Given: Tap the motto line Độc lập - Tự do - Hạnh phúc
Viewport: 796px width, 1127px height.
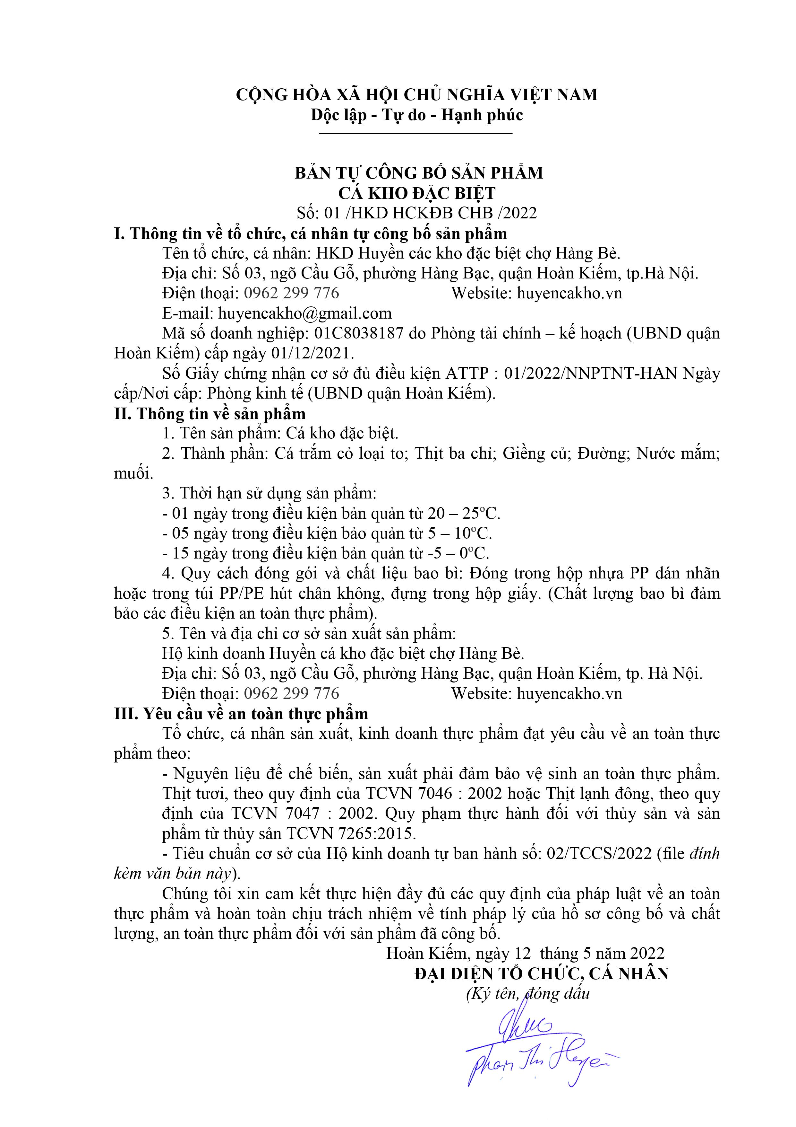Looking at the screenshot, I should click(416, 115).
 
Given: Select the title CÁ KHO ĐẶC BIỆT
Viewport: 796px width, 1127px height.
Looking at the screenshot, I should click(416, 193).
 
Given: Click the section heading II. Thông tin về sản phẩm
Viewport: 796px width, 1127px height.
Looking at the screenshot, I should click(210, 413).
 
